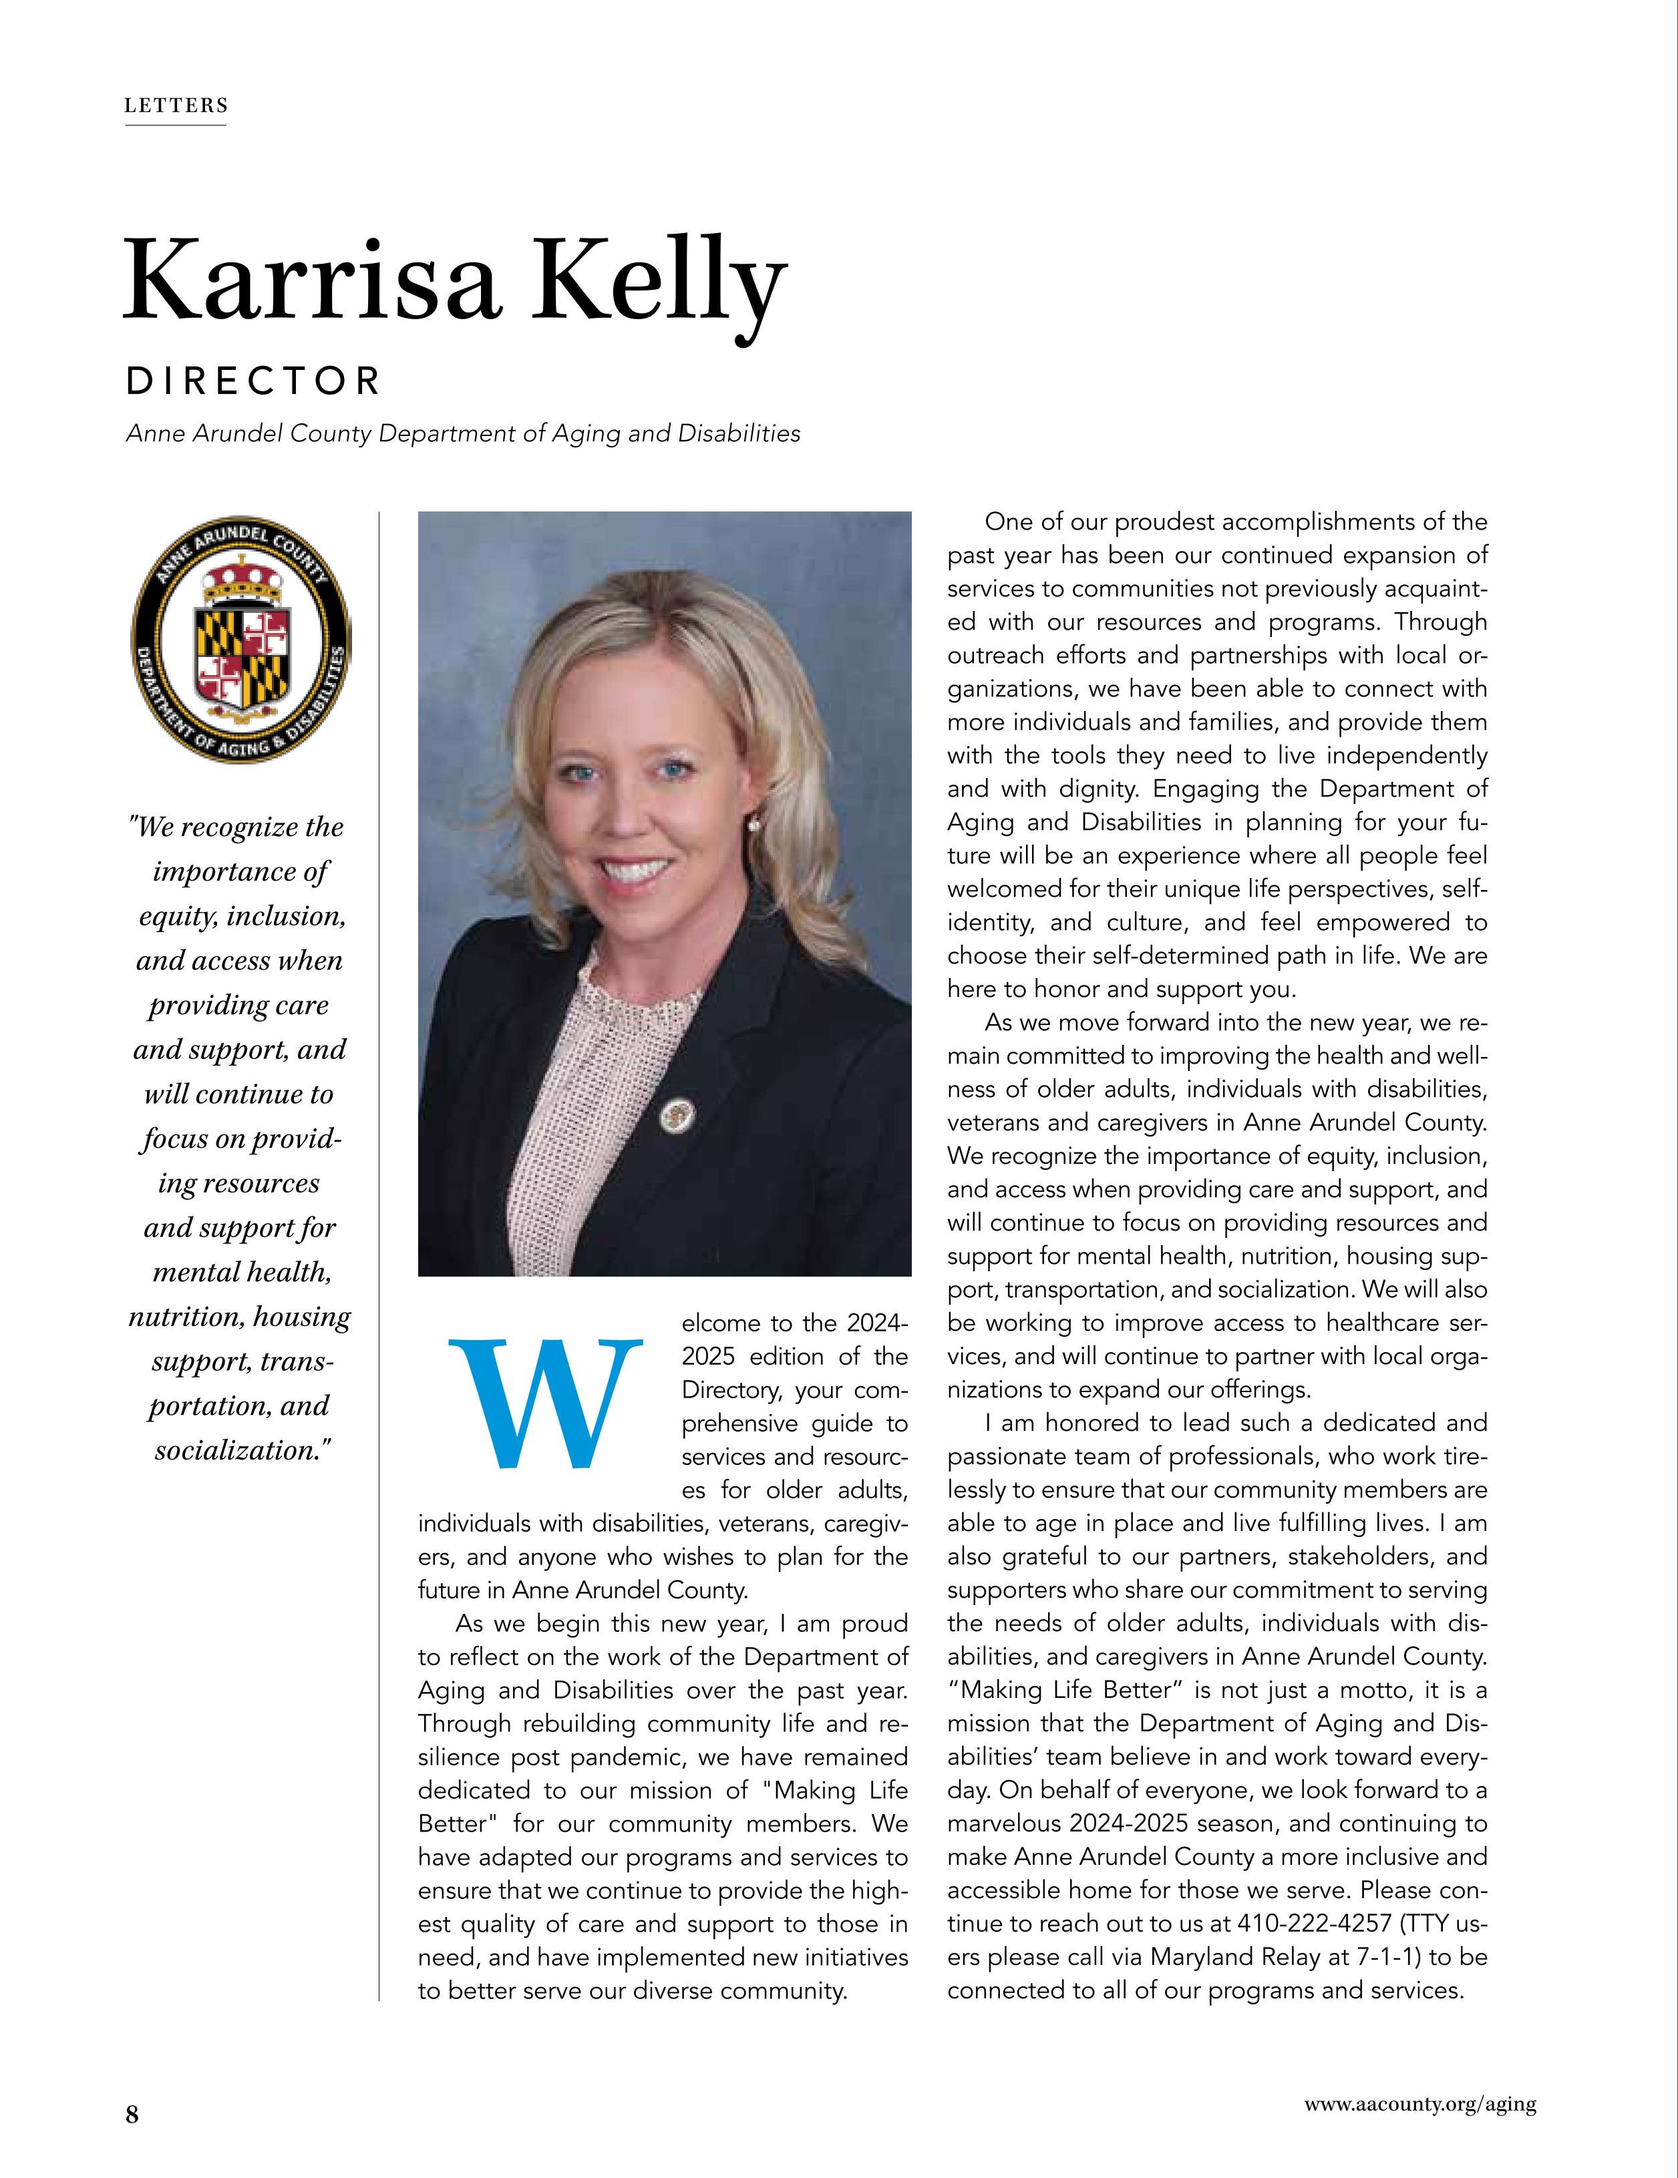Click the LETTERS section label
pyautogui.click(x=176, y=105)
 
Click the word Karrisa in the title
pyautogui.click(x=309, y=284)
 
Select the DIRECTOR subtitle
pyautogui.click(x=253, y=381)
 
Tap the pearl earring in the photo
pyautogui.click(x=753, y=823)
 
